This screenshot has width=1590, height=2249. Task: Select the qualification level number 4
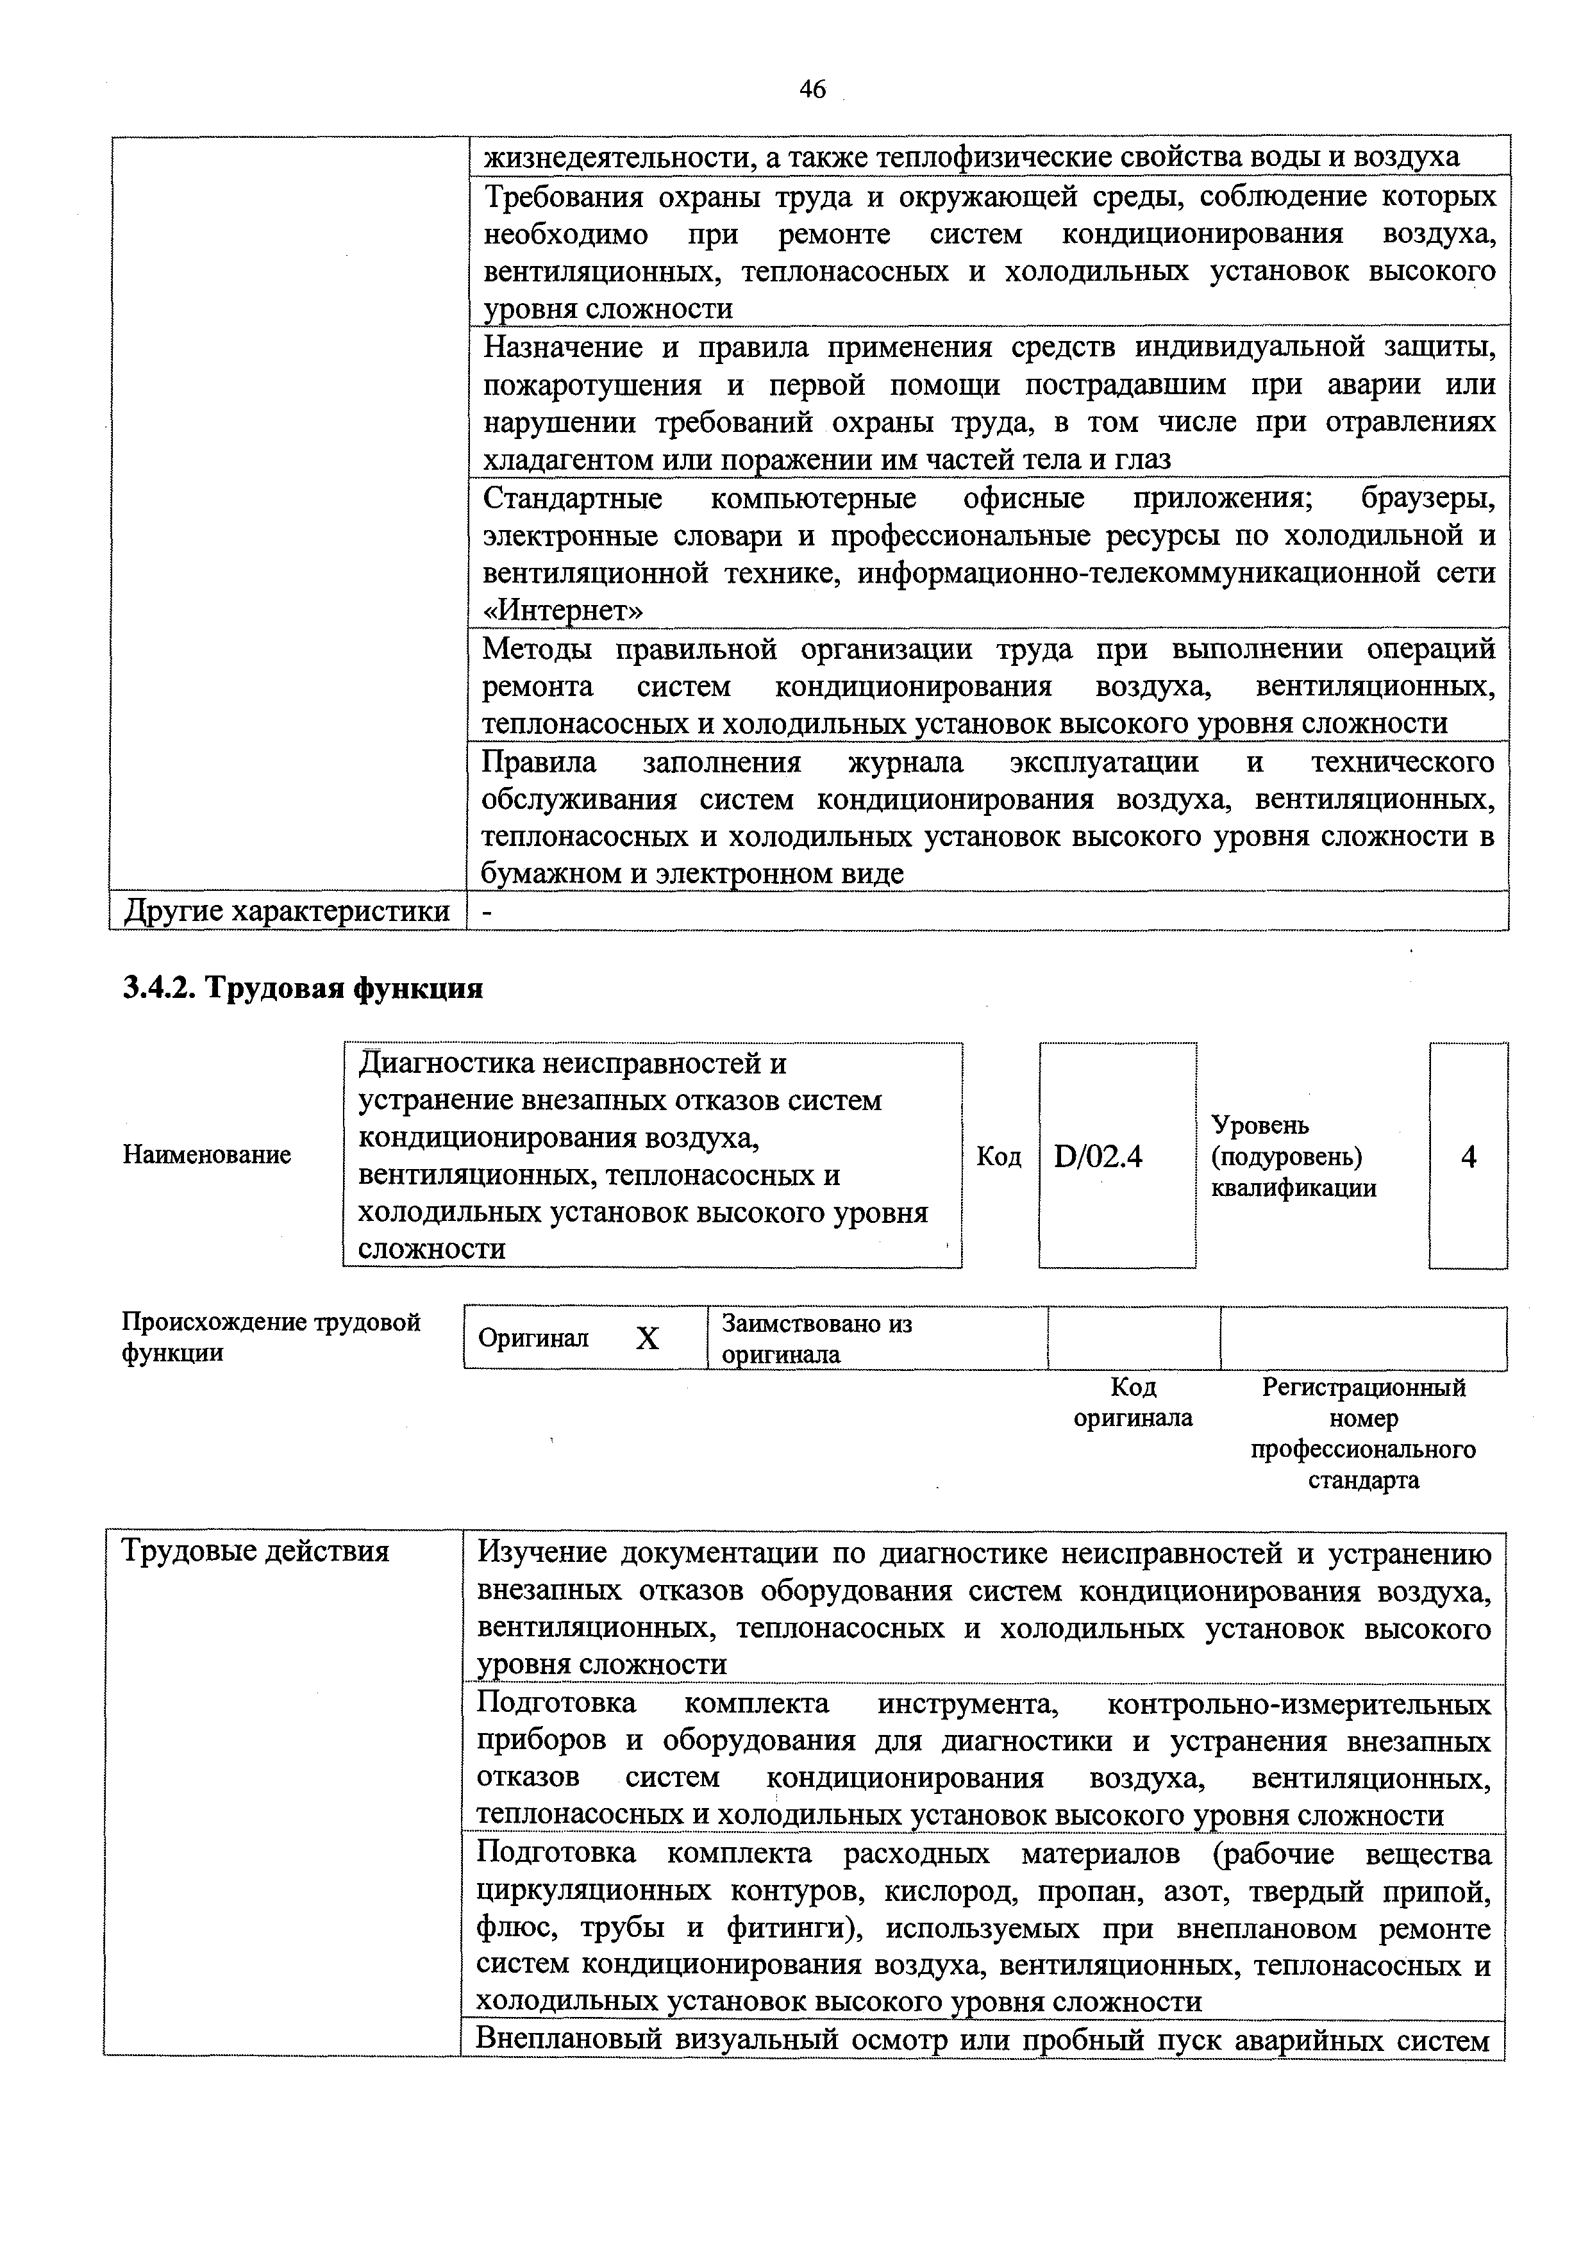[x=1468, y=1158]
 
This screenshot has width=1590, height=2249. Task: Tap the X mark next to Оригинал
[x=648, y=1339]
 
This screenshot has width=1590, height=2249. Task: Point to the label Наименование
[x=206, y=1155]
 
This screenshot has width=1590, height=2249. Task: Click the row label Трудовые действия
[x=255, y=1552]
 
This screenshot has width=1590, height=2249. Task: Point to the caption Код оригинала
[x=1134, y=1403]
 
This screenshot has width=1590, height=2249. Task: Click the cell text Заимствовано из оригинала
[x=816, y=1339]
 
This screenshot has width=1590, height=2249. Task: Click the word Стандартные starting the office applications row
[x=573, y=499]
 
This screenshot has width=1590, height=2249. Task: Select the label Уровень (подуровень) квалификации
[x=1293, y=1157]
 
